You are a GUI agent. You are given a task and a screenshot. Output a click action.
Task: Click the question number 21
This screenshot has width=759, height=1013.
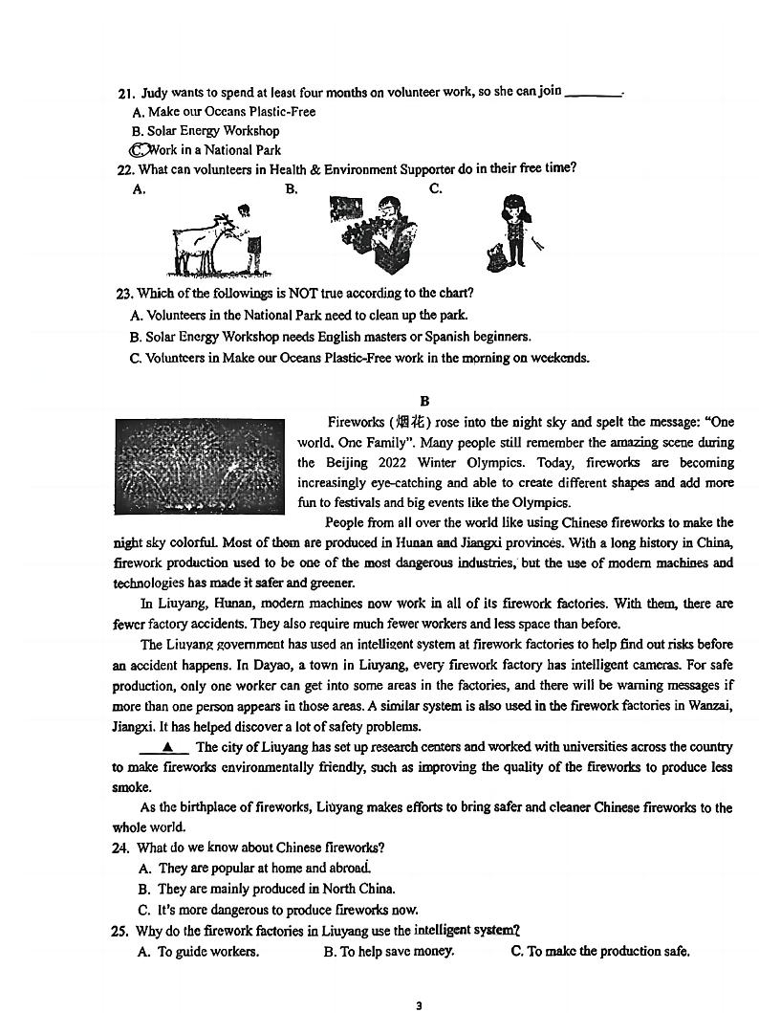point(125,93)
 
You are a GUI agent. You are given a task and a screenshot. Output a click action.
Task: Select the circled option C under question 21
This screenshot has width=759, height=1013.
point(140,150)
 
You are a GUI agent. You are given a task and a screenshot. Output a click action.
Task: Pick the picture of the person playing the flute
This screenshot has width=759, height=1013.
point(374,232)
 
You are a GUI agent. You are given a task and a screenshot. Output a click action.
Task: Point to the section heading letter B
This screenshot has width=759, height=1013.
point(425,402)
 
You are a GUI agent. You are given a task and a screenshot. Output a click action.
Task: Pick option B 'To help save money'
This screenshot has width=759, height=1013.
point(388,951)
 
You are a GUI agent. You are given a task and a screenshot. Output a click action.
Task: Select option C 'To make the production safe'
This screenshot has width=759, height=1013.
point(599,951)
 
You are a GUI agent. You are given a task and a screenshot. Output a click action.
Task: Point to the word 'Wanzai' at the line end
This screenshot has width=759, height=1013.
point(710,706)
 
